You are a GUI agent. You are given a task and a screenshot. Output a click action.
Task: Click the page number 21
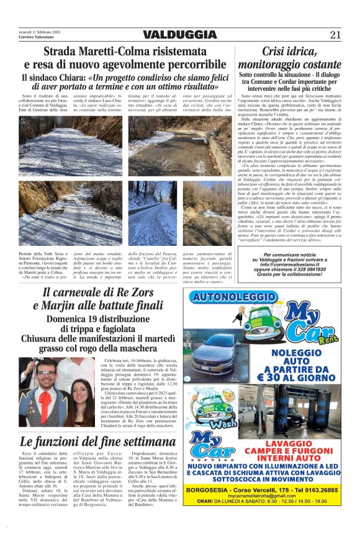[x=335, y=35]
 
